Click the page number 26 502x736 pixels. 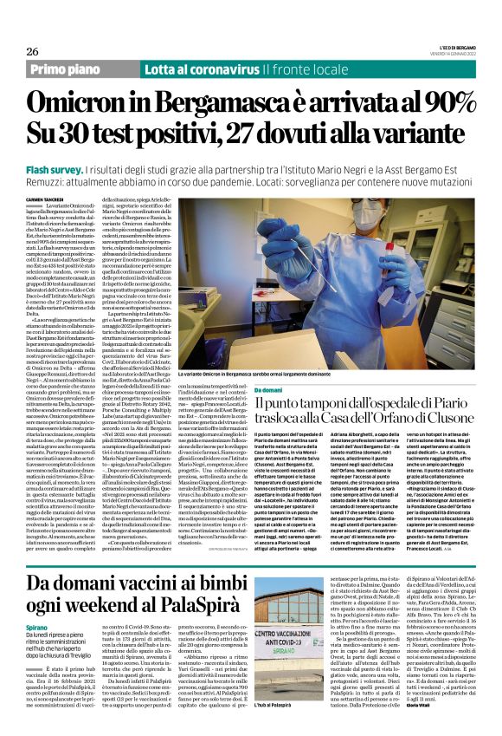[x=32, y=51]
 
